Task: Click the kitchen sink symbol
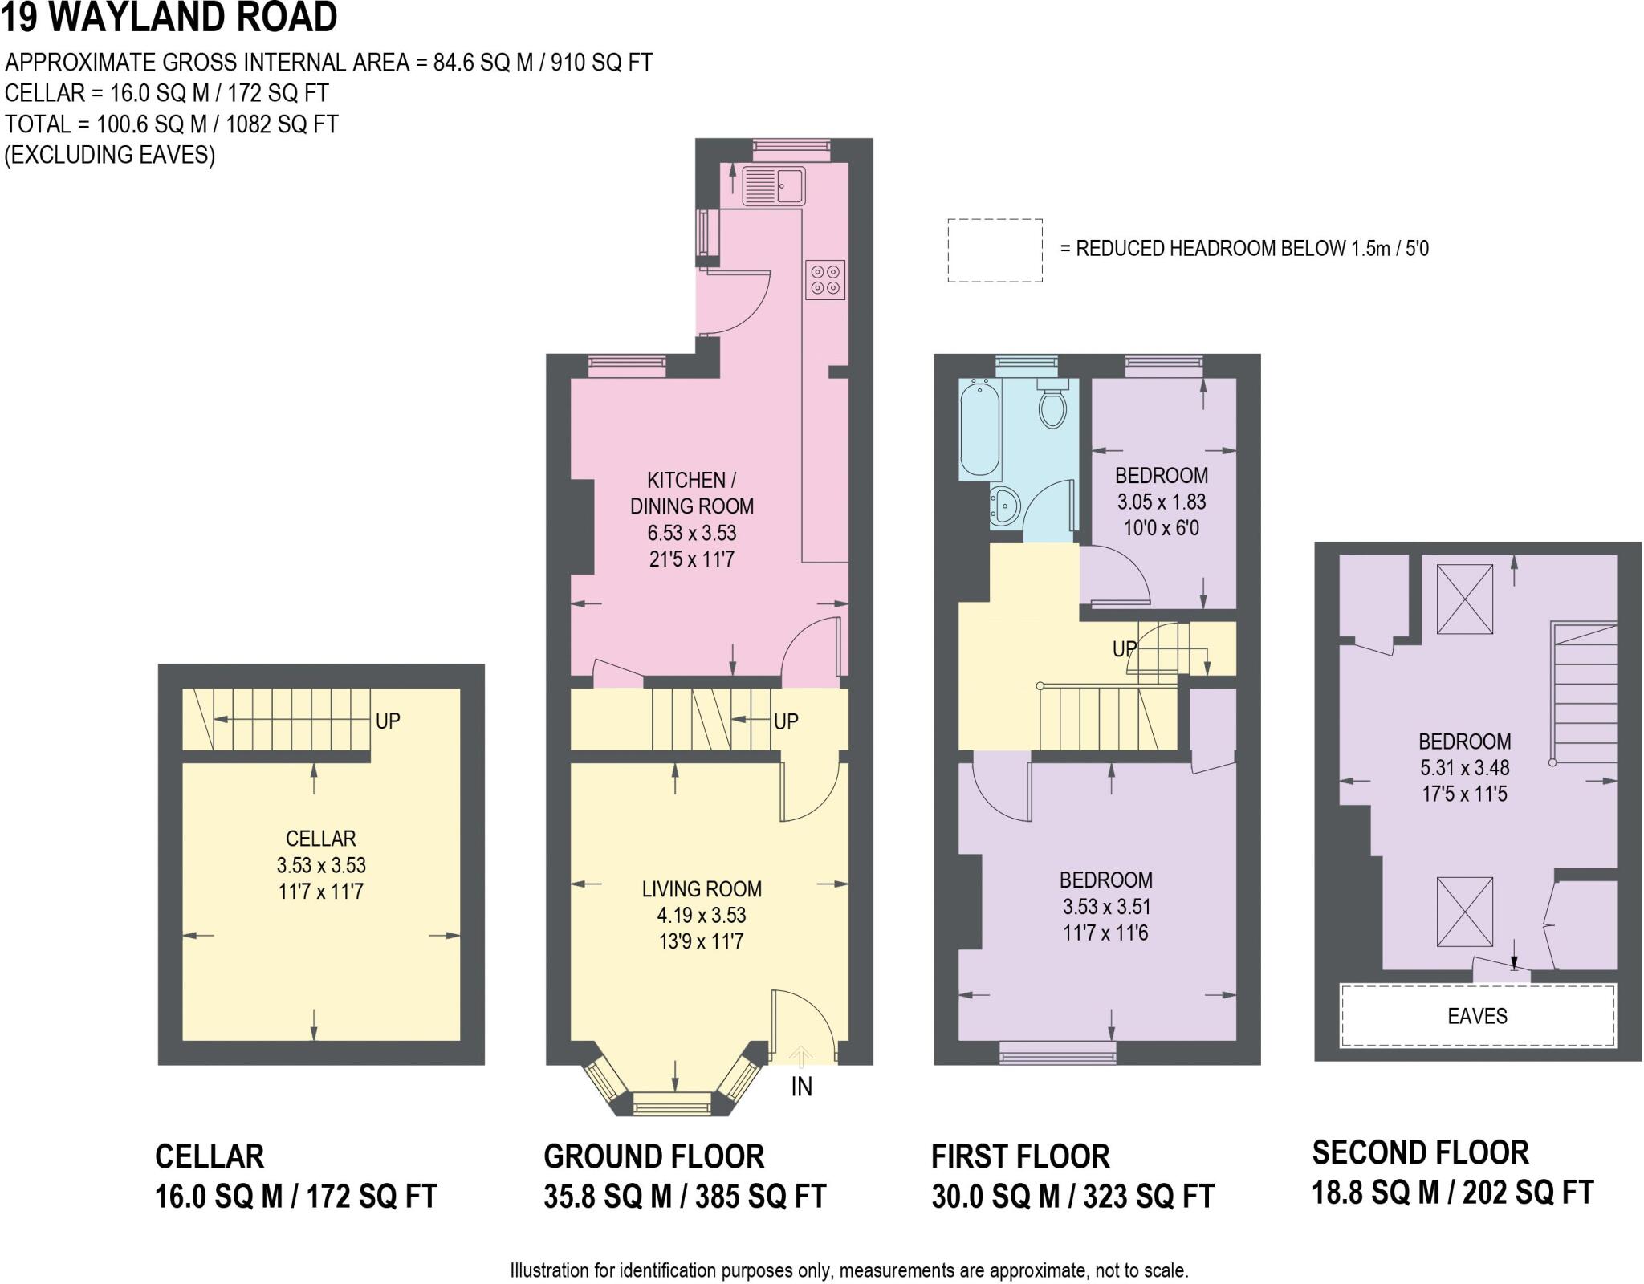tap(773, 185)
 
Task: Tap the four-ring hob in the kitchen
tap(825, 278)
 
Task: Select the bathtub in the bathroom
tap(979, 429)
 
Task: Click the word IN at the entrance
tap(801, 1087)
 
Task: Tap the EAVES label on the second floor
tap(1477, 1016)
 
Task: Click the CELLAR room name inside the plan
tap(320, 839)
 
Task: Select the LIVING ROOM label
tap(702, 888)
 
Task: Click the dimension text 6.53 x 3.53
tap(692, 533)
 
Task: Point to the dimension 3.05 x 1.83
tap(1162, 502)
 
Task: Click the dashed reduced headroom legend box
tap(995, 250)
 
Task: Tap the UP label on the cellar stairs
tap(388, 721)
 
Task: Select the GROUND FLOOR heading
tap(653, 1156)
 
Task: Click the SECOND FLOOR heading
tap(1420, 1152)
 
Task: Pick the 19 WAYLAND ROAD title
tap(169, 18)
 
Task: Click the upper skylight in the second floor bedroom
tap(1464, 599)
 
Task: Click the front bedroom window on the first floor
tap(1057, 1052)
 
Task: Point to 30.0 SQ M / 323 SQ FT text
tap(1072, 1197)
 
